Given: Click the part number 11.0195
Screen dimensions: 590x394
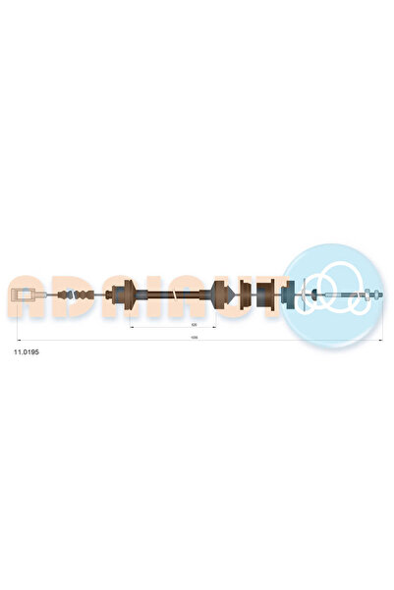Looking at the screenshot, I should [26, 350].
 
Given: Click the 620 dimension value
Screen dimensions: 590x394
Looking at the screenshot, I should [195, 324].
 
